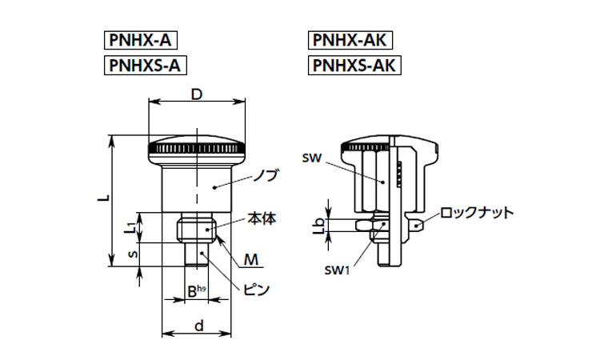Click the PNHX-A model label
pos(140,40)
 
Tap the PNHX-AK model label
pos(350,40)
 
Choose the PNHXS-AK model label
pos(355,66)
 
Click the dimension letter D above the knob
pos(196,94)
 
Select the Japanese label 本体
pos(262,218)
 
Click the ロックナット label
pos(477,213)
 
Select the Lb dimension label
pos(318,226)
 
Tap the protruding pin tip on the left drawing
pos(197,254)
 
